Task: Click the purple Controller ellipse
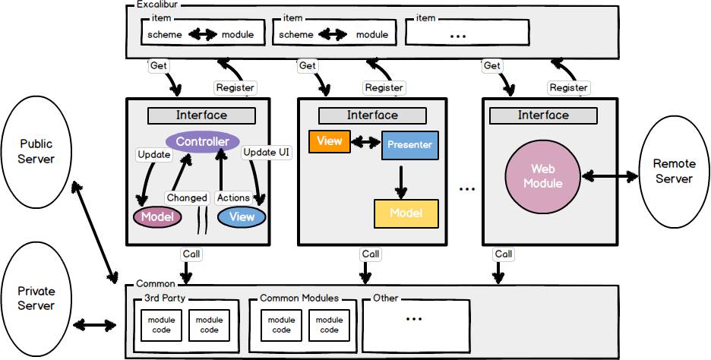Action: click(202, 142)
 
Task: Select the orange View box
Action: click(329, 141)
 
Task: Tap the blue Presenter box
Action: click(409, 144)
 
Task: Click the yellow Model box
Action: click(406, 213)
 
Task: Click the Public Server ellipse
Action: click(36, 150)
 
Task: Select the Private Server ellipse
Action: click(36, 298)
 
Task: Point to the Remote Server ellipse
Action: click(673, 172)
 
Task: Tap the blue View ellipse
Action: click(242, 217)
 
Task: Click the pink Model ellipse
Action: click(158, 217)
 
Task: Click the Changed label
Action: click(187, 197)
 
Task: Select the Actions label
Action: click(233, 197)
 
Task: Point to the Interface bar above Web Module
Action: click(543, 115)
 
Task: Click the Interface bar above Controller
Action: click(201, 115)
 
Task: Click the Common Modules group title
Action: click(299, 298)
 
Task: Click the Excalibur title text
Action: click(158, 5)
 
